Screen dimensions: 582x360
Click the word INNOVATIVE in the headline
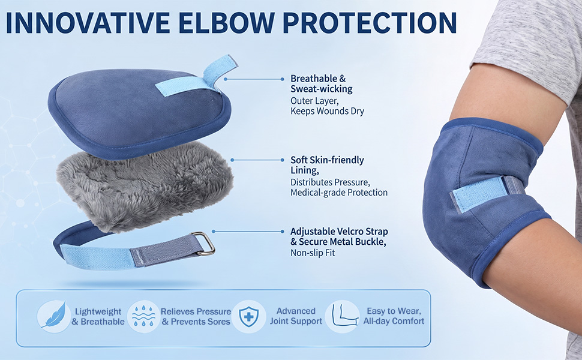(88, 23)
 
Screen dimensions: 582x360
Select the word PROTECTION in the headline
(370, 23)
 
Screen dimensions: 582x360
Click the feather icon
(54, 316)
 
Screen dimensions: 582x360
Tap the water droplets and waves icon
(143, 316)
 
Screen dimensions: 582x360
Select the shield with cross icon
(249, 317)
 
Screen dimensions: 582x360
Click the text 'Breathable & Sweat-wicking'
(322, 83)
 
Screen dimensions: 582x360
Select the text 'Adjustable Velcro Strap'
(339, 231)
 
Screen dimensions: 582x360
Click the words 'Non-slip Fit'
(313, 253)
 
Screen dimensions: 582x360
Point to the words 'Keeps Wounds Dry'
(327, 111)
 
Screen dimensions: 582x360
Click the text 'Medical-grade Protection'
(339, 192)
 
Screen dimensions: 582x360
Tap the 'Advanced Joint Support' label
(296, 316)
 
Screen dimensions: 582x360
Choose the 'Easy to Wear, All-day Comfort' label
(394, 316)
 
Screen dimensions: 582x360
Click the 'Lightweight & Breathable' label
(98, 317)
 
